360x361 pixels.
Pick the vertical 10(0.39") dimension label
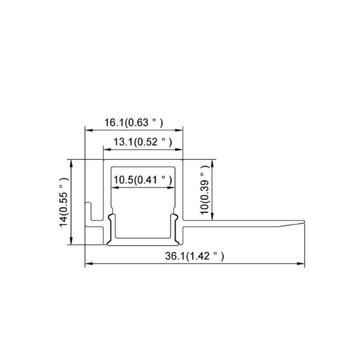(x=205, y=192)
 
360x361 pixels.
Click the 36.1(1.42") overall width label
(x=194, y=256)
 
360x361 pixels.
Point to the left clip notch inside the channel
(x=111, y=218)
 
